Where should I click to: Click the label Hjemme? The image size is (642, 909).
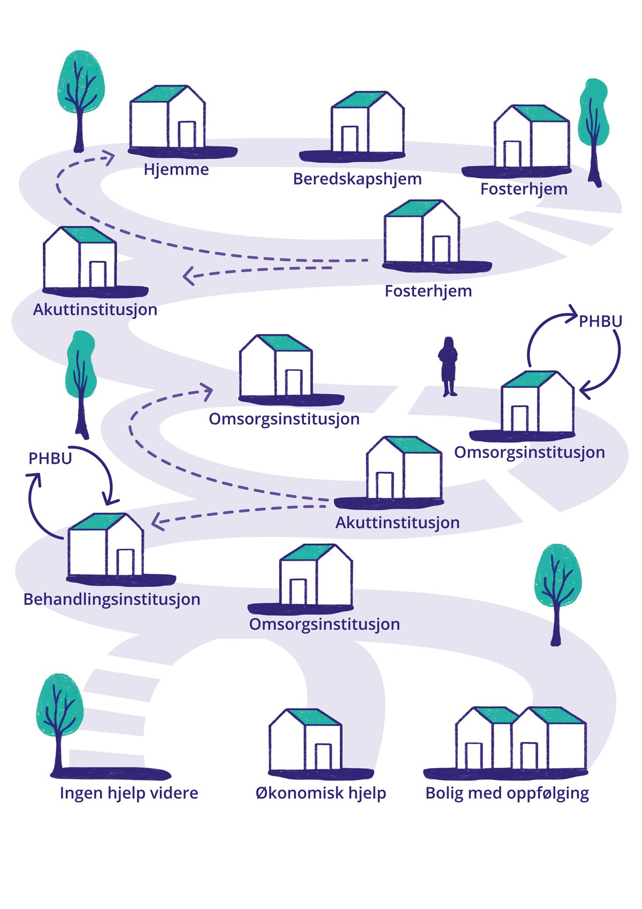click(176, 170)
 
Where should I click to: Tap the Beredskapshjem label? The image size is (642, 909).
click(357, 179)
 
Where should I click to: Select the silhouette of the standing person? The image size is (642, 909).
click(448, 366)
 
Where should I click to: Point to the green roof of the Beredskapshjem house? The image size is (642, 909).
click(358, 100)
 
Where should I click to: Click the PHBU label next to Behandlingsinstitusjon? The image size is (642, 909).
click(50, 459)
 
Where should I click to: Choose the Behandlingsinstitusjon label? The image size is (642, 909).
click(112, 599)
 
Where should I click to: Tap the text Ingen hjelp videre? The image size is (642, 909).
click(129, 793)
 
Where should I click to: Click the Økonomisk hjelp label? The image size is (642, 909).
click(320, 793)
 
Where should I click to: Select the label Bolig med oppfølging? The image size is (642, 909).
click(507, 793)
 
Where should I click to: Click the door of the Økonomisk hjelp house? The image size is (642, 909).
click(323, 757)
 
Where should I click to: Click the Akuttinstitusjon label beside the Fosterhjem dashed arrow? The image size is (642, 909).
click(95, 310)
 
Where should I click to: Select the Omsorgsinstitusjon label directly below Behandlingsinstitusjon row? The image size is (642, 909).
click(324, 624)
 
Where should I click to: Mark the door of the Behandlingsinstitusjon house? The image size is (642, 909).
click(125, 562)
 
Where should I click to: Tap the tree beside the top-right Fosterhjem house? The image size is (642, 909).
click(593, 128)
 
